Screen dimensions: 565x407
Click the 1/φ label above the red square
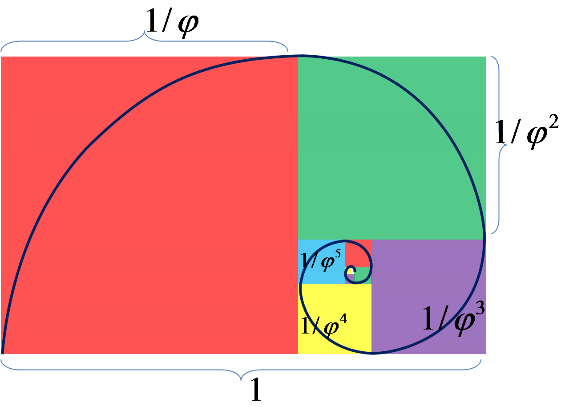coord(172,25)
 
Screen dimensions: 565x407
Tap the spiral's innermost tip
coord(352,271)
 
